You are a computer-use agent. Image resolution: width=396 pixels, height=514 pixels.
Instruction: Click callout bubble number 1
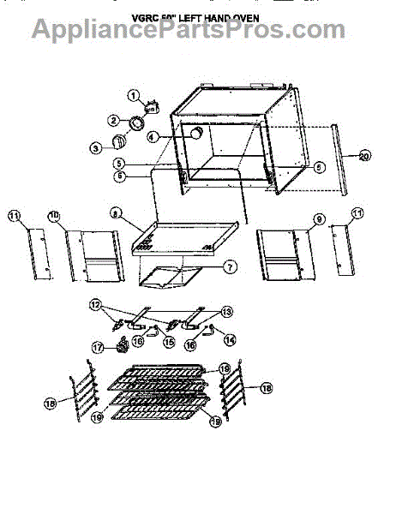coord(134,95)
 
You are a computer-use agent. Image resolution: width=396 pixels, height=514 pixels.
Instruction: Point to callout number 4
coord(153,135)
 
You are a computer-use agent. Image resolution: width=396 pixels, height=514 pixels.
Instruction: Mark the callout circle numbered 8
coord(114,212)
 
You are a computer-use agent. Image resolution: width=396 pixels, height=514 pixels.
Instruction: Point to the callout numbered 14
coord(230,339)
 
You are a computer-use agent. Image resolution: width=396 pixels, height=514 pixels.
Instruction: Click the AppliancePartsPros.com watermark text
coord(189,31)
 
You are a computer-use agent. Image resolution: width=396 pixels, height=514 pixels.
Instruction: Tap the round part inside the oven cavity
coord(197,134)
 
